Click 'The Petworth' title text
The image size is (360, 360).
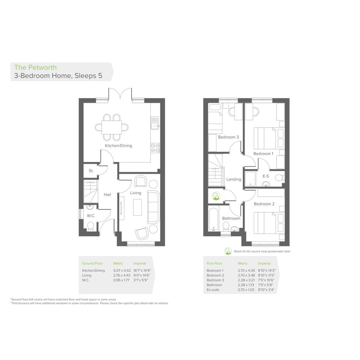[x=35, y=67]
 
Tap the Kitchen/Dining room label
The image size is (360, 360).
[x=118, y=146]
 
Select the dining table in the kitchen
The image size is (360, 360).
[x=112, y=127]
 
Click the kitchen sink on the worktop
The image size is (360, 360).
[x=155, y=123]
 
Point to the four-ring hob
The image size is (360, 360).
[x=155, y=148]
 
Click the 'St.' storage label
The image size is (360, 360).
[x=91, y=171]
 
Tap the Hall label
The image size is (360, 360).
[x=107, y=195]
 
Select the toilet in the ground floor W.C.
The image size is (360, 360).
[x=90, y=226]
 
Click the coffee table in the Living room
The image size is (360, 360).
[x=138, y=207]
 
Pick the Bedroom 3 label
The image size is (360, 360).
[x=229, y=137]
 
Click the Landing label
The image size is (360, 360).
[x=234, y=179]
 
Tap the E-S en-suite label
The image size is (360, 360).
[x=266, y=176]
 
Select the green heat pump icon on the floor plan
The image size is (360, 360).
[x=216, y=196]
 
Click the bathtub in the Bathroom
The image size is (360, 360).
[x=213, y=219]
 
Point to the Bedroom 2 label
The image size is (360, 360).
[x=264, y=204]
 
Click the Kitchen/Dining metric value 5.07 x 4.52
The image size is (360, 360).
[x=122, y=270]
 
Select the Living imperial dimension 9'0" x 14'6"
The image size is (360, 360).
[x=142, y=275]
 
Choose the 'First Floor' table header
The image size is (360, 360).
[x=214, y=263]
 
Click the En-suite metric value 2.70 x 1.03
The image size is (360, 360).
[x=246, y=290]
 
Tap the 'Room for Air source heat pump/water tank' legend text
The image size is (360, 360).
[x=262, y=251]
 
